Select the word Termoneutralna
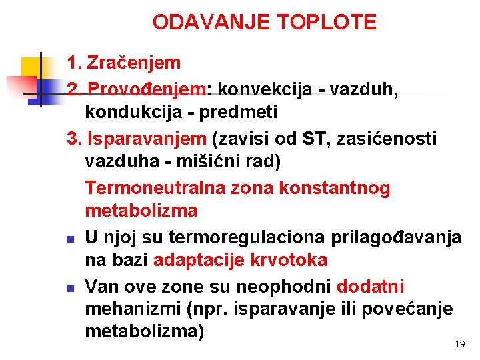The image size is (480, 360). pyautogui.click(x=155, y=188)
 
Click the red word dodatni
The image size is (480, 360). pyautogui.click(x=371, y=286)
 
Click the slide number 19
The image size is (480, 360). pyautogui.click(x=459, y=344)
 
